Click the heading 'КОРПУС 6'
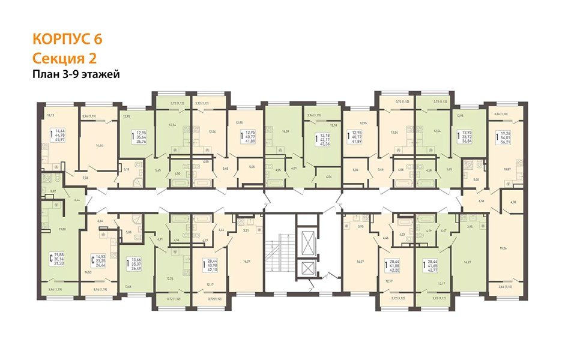(67, 40)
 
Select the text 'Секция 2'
(64, 58)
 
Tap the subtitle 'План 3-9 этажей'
(76, 74)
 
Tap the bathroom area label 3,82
(53, 190)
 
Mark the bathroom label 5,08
(128, 232)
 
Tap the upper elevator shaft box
(309, 242)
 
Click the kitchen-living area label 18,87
(507, 170)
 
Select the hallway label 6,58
(481, 202)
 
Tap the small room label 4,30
(512, 202)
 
